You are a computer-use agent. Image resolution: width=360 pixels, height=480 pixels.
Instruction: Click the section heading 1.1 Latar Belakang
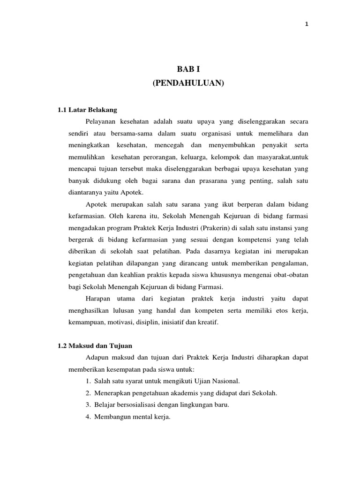pos(87,110)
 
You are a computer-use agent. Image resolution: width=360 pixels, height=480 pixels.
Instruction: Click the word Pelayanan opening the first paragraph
pos(101,121)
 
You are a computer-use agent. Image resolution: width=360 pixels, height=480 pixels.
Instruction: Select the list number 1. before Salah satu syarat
pos(88,381)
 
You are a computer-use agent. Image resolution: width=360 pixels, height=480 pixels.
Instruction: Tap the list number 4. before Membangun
pos(88,417)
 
